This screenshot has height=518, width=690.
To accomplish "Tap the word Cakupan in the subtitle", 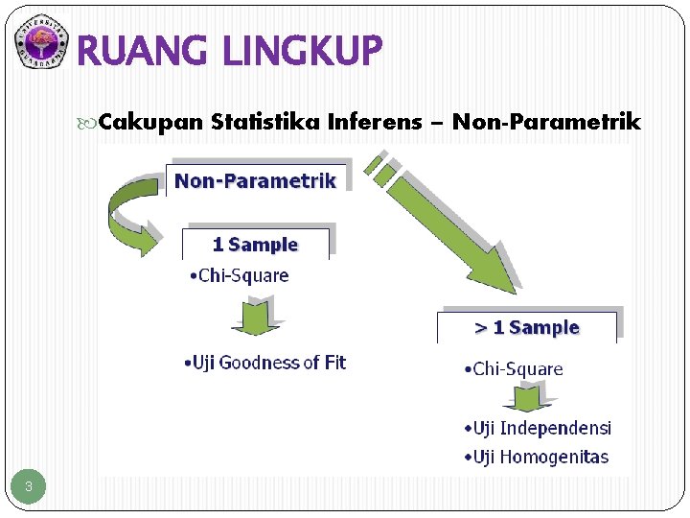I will click(x=150, y=122).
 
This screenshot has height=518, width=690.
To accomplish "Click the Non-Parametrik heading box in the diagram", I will click(x=255, y=181).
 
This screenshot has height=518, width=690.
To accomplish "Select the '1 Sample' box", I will click(x=255, y=245).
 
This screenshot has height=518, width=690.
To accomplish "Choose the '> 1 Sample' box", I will click(x=528, y=327).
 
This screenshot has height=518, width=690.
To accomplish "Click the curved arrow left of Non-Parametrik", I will click(x=131, y=213).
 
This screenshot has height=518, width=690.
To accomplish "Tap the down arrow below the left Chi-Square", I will click(x=254, y=315).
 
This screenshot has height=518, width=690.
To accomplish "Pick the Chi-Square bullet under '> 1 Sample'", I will click(x=514, y=369).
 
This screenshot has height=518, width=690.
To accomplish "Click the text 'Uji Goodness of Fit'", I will click(x=264, y=363).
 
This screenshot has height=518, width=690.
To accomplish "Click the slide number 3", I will click(x=29, y=487).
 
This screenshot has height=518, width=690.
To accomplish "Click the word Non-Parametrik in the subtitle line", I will click(x=546, y=122).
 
